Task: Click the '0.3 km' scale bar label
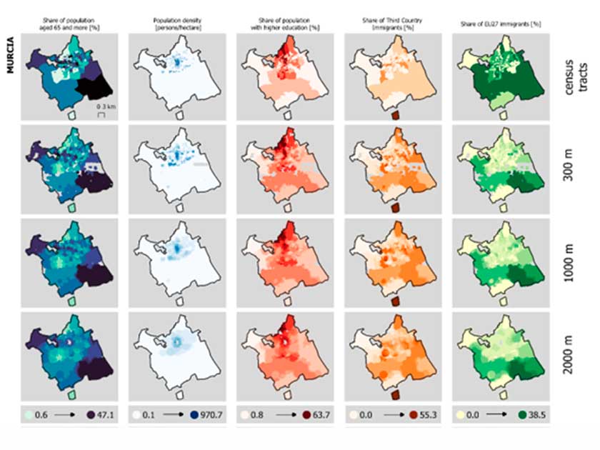pos(102,106)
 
